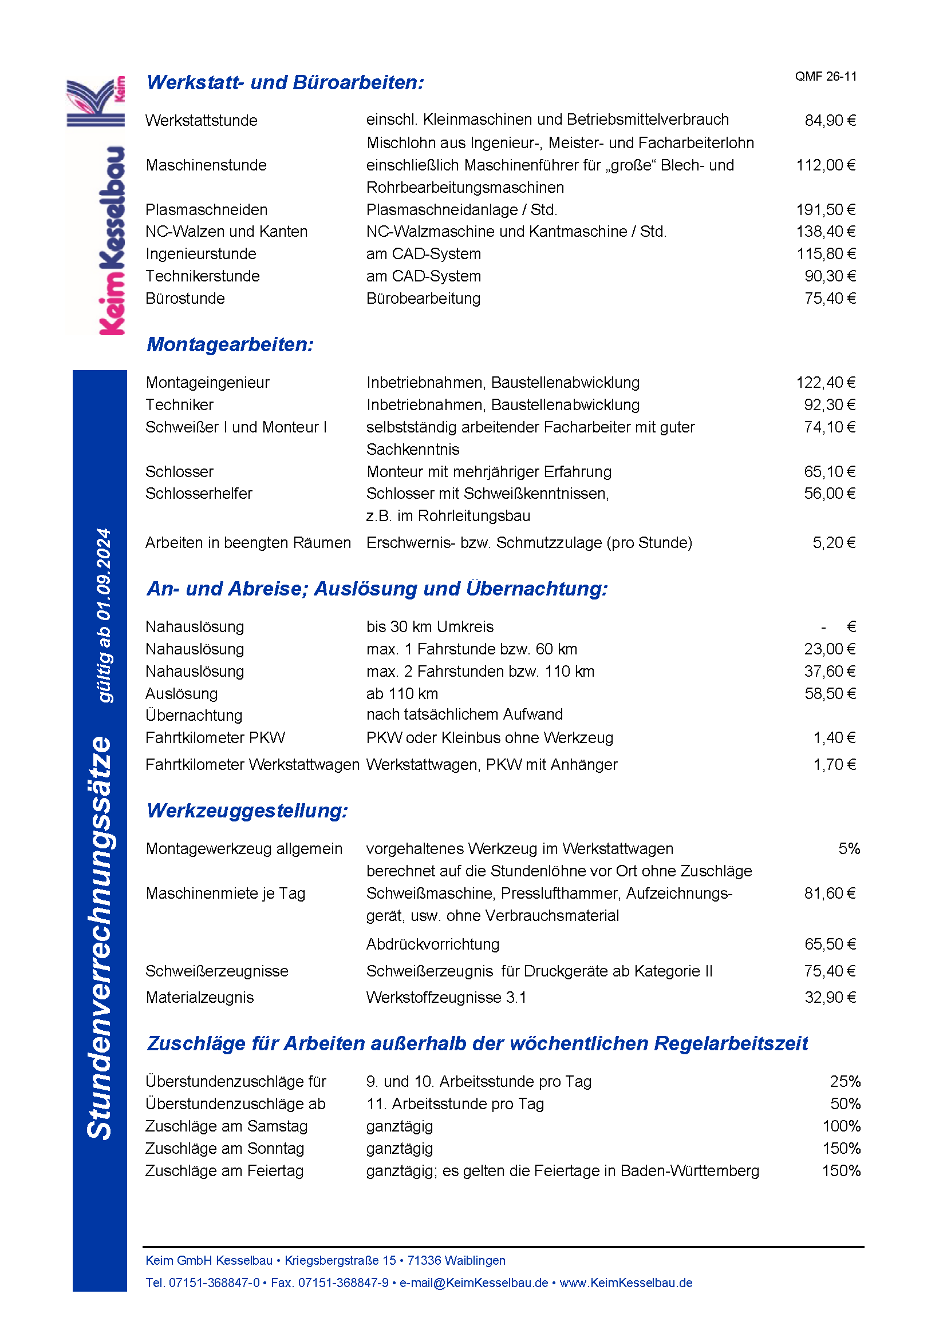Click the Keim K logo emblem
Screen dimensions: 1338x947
pyautogui.click(x=95, y=101)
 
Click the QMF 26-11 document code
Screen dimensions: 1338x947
pyautogui.click(x=826, y=76)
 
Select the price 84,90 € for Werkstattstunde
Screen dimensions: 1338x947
pyautogui.click(x=830, y=121)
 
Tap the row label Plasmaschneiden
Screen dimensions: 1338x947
pyautogui.click(x=207, y=210)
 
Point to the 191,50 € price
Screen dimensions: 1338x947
pyautogui.click(x=826, y=210)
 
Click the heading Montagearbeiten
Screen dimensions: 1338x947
pyautogui.click(x=230, y=344)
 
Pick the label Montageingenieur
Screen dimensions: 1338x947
pyautogui.click(x=208, y=383)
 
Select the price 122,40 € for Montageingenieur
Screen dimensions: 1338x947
pyautogui.click(x=826, y=383)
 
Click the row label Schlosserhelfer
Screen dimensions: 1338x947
pyautogui.click(x=198, y=494)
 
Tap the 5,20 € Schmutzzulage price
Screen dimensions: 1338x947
pyautogui.click(x=834, y=543)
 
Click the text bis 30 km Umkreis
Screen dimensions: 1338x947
pyautogui.click(x=430, y=627)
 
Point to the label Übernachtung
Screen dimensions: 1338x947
pyautogui.click(x=194, y=716)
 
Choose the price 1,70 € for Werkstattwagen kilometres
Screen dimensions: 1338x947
pyautogui.click(x=834, y=765)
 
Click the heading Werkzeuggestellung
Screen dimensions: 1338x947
pyautogui.click(x=247, y=811)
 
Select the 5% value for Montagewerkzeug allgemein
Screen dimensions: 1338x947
pyautogui.click(x=849, y=849)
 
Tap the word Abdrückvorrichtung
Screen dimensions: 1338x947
pyautogui.click(x=433, y=944)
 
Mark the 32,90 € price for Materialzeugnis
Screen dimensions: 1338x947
pyautogui.click(x=830, y=998)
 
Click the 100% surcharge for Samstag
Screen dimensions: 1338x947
pyautogui.click(x=842, y=1126)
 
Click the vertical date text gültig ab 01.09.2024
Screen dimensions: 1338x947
pyautogui.click(x=104, y=616)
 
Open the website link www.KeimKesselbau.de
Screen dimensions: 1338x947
pyautogui.click(x=626, y=1283)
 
